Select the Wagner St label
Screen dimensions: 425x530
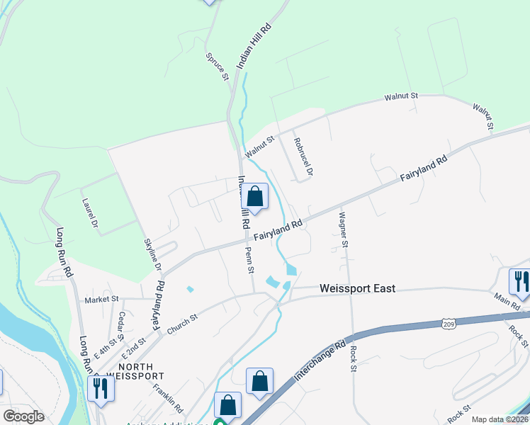(344, 229)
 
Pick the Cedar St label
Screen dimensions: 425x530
(122, 322)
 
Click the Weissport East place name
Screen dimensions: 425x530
(357, 288)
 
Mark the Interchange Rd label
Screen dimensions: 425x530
(319, 361)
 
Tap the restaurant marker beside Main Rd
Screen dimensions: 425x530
(521, 281)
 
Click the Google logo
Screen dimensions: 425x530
(23, 416)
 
